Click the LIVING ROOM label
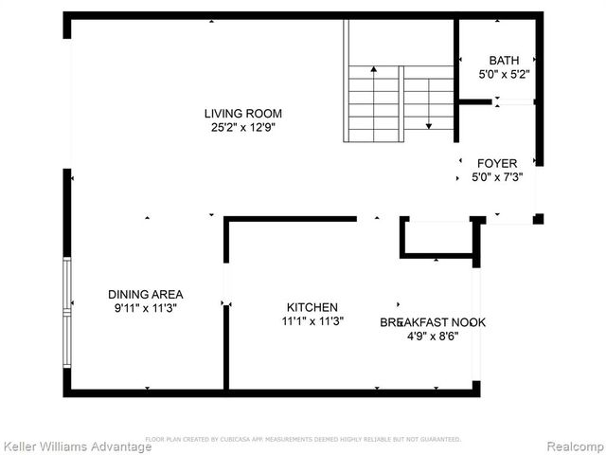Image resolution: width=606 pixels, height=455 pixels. [243, 114]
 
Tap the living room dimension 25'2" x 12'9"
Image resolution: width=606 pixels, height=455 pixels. [243, 127]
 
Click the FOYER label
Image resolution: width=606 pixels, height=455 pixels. [496, 163]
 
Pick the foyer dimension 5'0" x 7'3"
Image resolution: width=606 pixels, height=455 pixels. [496, 176]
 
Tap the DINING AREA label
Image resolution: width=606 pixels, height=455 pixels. [145, 294]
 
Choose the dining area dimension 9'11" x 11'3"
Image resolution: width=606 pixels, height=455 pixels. [145, 307]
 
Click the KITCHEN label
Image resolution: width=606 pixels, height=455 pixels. [312, 307]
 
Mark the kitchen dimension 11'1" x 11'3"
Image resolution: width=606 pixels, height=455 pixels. [312, 320]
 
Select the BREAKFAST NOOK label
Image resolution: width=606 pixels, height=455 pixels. [433, 322]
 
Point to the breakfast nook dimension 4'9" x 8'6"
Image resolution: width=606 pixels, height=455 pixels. [433, 336]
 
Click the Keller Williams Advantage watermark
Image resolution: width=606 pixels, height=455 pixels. [77, 446]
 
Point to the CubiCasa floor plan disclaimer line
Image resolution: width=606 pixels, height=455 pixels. [303, 439]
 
